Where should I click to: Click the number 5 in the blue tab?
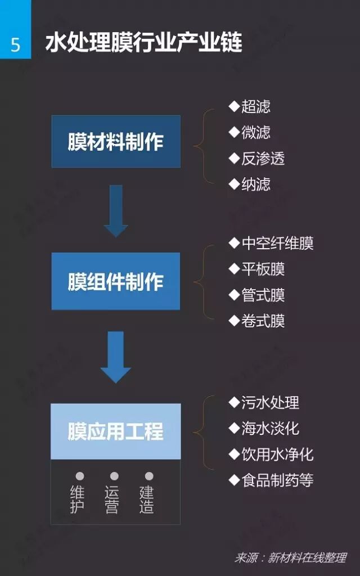click(15, 44)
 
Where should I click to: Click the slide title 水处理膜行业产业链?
click(143, 42)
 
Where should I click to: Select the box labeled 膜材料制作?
click(116, 142)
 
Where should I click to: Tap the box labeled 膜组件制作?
click(116, 281)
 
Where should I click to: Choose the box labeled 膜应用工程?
click(116, 431)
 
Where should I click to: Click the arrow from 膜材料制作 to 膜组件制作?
click(116, 211)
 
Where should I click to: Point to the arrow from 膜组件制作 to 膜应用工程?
click(116, 357)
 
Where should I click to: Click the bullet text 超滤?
click(255, 106)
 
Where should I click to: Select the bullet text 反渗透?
click(263, 158)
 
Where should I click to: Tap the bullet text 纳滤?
click(255, 184)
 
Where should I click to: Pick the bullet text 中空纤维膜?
click(277, 243)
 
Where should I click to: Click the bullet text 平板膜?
click(263, 269)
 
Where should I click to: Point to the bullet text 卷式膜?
click(263, 321)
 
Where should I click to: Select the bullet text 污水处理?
click(270, 402)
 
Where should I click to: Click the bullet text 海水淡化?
click(270, 428)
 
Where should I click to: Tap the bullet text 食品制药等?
click(277, 480)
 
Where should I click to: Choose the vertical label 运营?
click(112, 499)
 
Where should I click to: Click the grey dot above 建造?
click(149, 476)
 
